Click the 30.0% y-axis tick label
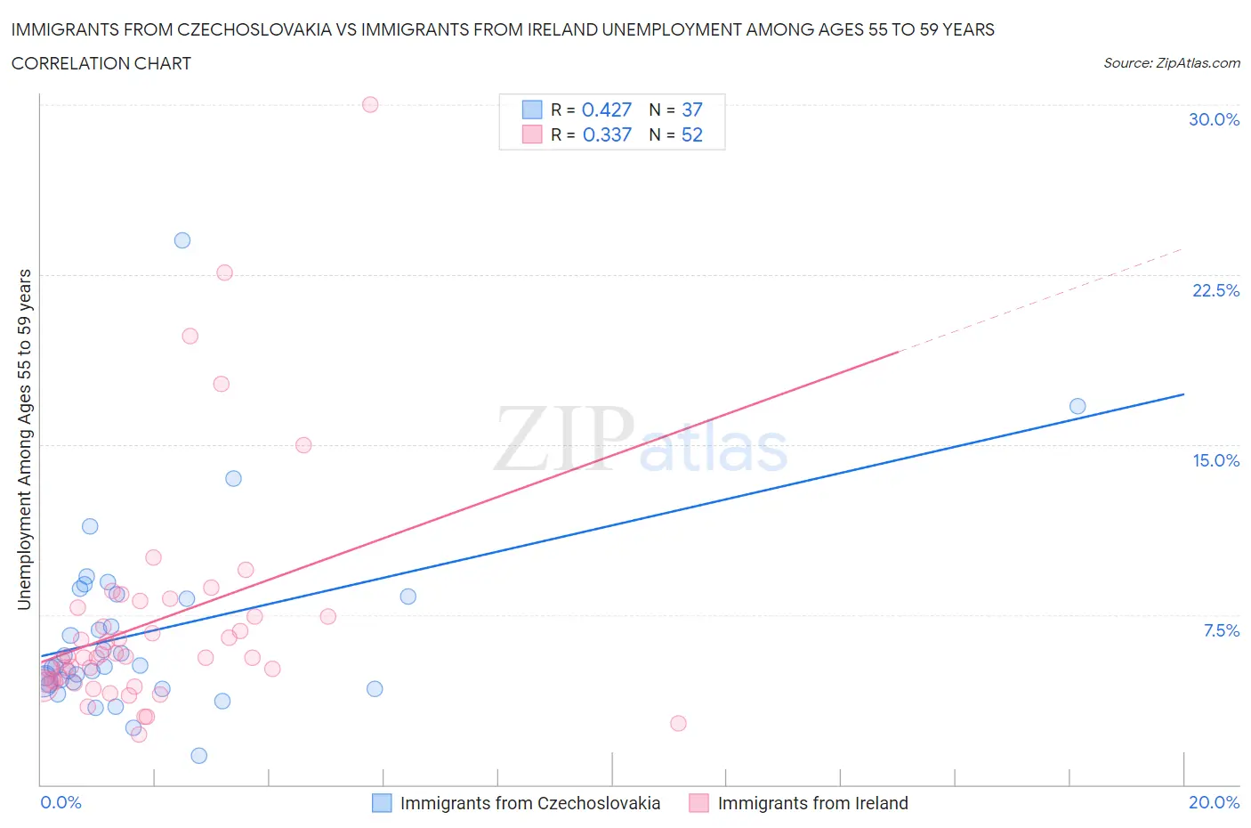(1214, 119)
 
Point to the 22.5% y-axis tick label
(1215, 290)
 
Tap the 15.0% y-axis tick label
(1215, 460)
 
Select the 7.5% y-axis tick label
(1221, 630)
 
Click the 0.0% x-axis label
(61, 802)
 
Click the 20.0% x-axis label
(1214, 802)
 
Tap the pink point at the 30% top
(370, 104)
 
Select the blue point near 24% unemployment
(182, 240)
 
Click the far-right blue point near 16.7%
(1077, 406)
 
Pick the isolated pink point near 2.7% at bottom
(678, 723)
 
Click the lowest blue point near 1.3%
(199, 756)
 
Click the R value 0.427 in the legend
(606, 110)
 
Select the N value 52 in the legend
(691, 134)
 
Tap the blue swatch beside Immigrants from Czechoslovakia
(382, 803)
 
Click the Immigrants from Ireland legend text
(812, 803)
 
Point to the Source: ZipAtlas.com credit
(1171, 63)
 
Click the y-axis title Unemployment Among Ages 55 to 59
(24, 439)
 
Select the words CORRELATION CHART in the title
(101, 63)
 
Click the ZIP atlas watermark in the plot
(641, 440)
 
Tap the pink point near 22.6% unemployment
(224, 272)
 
